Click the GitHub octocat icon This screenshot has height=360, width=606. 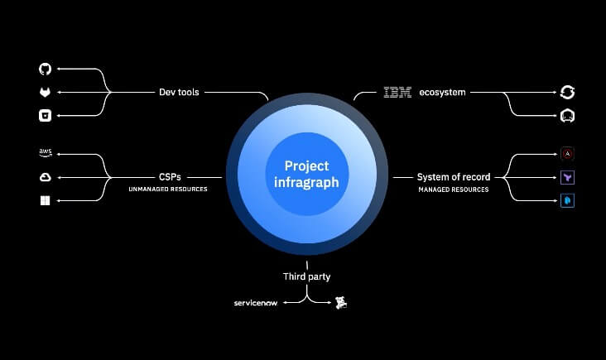coord(45,70)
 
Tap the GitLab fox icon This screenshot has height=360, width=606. coord(45,93)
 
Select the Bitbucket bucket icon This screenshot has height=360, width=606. coord(45,116)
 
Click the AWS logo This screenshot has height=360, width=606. coord(45,153)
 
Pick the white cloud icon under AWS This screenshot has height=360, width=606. coord(45,177)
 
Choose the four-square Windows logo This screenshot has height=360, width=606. coord(45,200)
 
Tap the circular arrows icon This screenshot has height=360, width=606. coord(567,93)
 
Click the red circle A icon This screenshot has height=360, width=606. coord(568,153)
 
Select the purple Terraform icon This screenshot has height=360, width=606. coord(568,177)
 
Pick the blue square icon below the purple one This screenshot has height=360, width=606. coord(568,200)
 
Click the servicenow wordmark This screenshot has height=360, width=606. coord(257,304)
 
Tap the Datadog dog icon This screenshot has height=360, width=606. coord(340,304)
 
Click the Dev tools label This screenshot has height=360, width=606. coord(179,93)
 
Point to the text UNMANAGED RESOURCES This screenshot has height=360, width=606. coord(168,190)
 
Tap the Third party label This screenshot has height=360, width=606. coord(306,276)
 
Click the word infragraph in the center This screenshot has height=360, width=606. coord(306,183)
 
